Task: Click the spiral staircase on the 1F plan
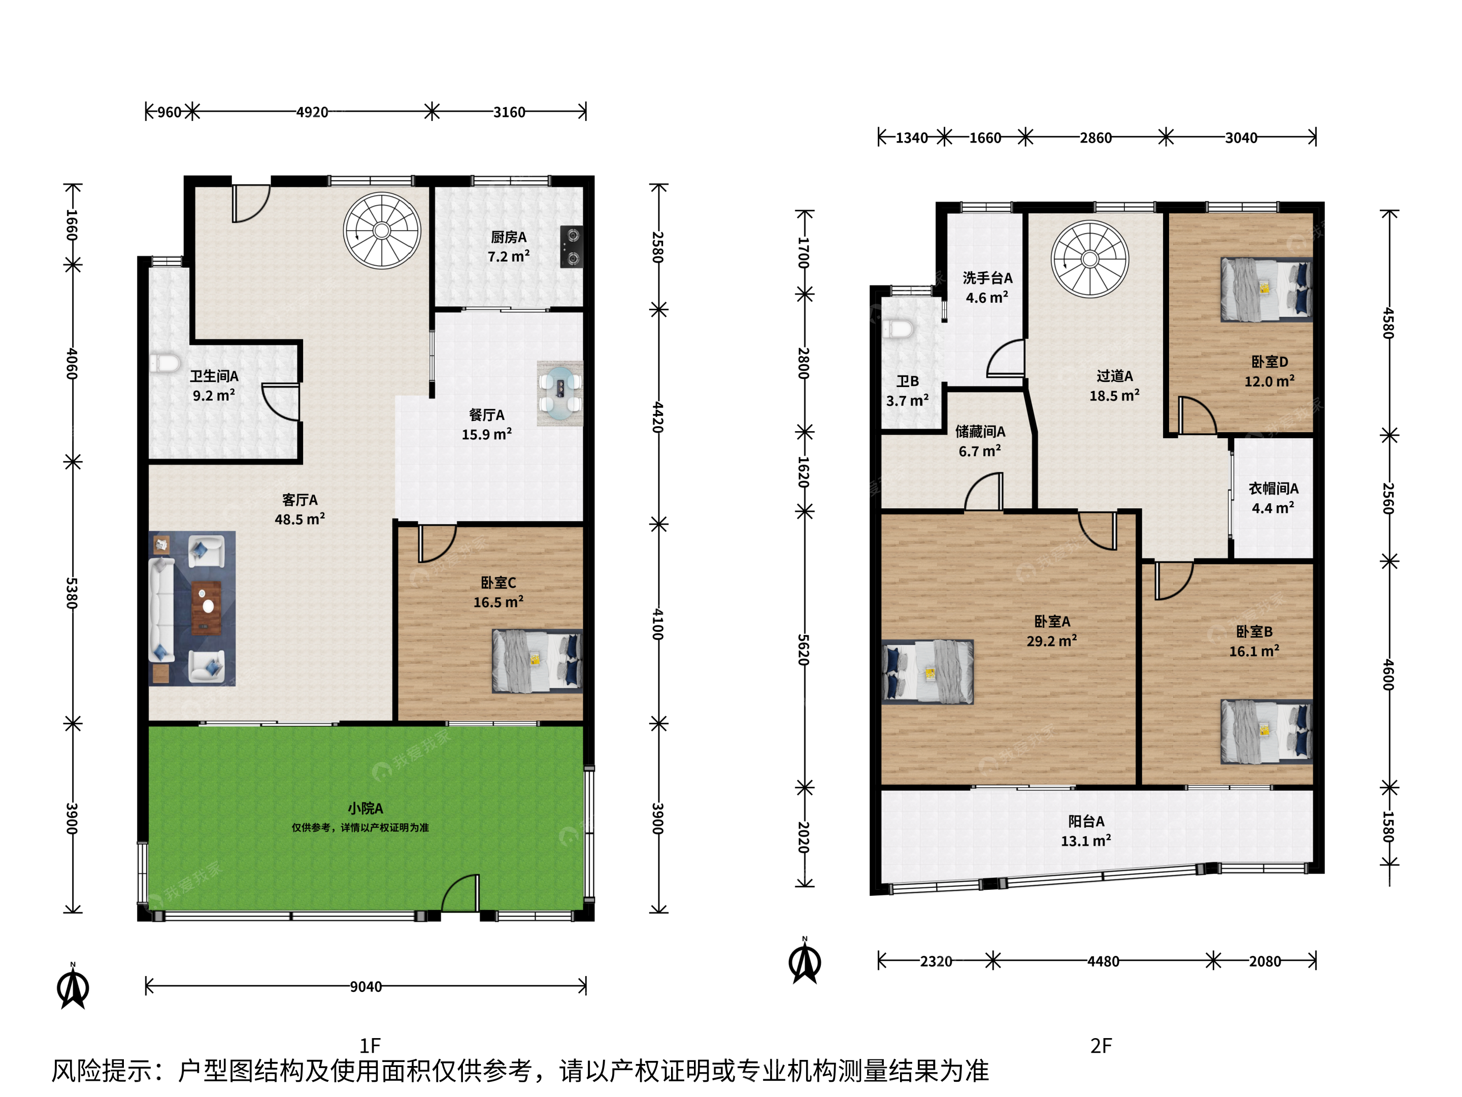(x=382, y=230)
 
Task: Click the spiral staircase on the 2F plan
(x=1090, y=259)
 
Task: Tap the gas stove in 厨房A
(x=572, y=247)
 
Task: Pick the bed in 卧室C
(x=537, y=661)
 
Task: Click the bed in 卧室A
(x=927, y=672)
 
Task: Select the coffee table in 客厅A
(x=206, y=608)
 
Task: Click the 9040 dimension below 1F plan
(x=365, y=987)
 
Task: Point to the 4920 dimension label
(x=312, y=112)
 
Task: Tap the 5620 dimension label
(x=804, y=650)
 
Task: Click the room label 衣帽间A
(x=1273, y=488)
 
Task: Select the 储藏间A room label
(x=980, y=431)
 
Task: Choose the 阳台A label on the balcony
(x=1086, y=821)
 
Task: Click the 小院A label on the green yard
(x=365, y=808)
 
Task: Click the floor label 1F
(x=370, y=1045)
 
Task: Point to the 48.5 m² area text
(x=300, y=519)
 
